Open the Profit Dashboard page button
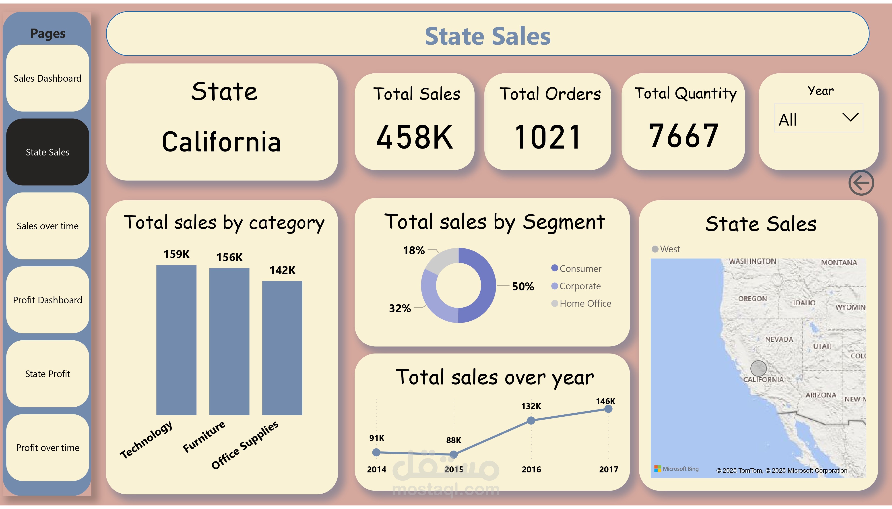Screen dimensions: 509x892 [47, 300]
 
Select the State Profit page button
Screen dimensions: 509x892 [47, 374]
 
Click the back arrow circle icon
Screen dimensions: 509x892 [861, 183]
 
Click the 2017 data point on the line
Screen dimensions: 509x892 [608, 409]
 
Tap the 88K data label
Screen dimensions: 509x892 [454, 440]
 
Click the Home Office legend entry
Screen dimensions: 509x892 [585, 303]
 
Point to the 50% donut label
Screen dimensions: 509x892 [523, 287]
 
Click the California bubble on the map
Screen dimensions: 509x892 [758, 368]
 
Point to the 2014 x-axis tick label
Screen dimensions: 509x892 [376, 470]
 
